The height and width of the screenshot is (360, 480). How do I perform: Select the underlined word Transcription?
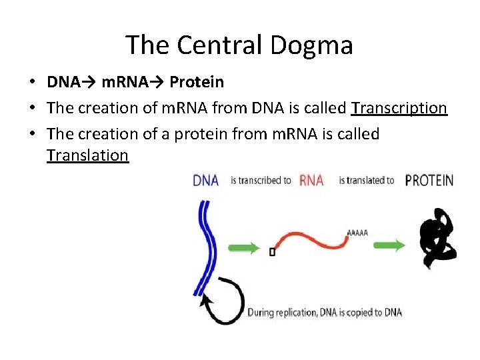pos(399,108)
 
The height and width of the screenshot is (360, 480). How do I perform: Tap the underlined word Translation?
pos(87,155)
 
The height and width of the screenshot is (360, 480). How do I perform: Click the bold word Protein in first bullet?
pos(197,82)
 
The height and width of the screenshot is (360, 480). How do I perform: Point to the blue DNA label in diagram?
pos(205,181)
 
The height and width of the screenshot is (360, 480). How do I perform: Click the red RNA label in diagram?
pos(312,181)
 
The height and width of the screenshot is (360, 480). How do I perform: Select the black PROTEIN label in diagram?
pos(429,181)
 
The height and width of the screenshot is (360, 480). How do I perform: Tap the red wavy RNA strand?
pos(310,239)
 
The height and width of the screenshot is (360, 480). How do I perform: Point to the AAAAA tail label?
pos(357,233)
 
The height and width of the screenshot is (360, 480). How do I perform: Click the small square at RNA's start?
pos(273,252)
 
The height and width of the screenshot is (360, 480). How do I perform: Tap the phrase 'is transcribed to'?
pos(261,181)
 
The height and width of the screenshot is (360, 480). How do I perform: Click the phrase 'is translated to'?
pos(366,181)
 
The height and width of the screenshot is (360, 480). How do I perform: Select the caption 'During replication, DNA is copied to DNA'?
pos(325,312)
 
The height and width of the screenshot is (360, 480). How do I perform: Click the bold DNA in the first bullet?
pos(63,82)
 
